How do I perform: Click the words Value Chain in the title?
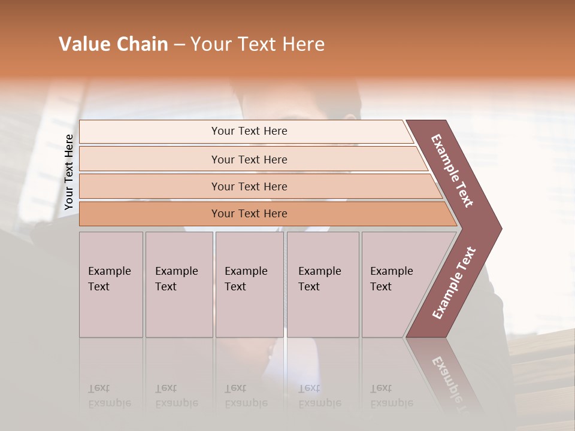coord(113,44)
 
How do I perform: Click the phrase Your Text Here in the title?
coord(258,44)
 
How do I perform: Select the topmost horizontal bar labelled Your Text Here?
coord(249,131)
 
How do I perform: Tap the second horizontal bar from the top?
coord(249,159)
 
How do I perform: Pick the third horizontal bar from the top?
coord(249,186)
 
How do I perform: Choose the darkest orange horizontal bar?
coord(249,214)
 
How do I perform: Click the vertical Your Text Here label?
coord(69,172)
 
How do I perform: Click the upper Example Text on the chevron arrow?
coord(452,171)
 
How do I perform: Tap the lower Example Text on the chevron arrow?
coord(454,283)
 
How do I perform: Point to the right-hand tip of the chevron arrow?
coord(500,229)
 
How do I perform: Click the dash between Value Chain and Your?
coord(178,45)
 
